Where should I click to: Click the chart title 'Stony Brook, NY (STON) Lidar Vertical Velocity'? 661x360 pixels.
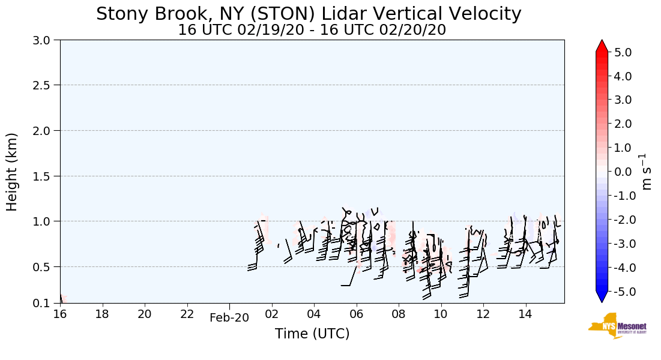(309, 14)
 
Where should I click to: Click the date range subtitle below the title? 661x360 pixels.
(312, 29)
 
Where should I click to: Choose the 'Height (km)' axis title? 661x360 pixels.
(12, 172)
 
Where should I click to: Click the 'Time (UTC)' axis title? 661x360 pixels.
(312, 334)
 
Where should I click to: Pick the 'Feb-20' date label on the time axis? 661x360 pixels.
(229, 318)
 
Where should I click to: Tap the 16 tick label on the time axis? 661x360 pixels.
(60, 314)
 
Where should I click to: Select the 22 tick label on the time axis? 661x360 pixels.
(187, 314)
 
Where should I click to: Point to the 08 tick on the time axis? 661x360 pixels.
(399, 314)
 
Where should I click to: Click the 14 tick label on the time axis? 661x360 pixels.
(525, 314)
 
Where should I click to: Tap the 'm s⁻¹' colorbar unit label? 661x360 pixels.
(646, 172)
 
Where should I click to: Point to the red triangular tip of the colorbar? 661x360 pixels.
(602, 46)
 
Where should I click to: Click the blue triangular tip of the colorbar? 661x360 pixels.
(602, 297)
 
